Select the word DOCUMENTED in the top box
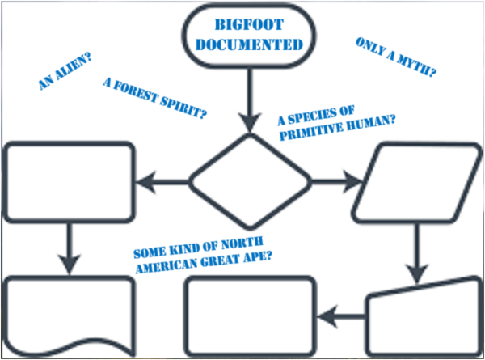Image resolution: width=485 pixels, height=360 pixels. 248,44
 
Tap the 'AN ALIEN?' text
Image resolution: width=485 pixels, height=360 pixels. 65,73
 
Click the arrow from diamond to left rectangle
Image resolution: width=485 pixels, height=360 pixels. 162,182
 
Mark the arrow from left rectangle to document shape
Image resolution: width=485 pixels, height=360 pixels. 69,248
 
